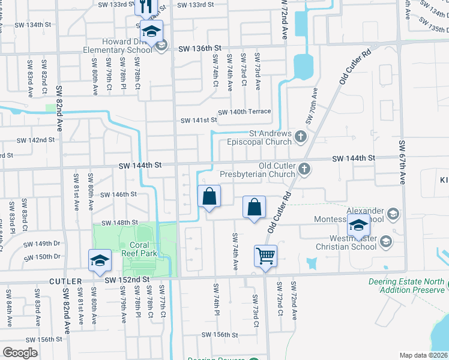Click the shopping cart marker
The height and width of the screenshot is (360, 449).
tap(265, 255)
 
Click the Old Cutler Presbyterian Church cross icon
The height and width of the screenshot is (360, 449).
tap(306, 169)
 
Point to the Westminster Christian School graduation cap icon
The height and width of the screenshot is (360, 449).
tap(385, 241)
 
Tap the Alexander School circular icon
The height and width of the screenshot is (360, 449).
tap(393, 214)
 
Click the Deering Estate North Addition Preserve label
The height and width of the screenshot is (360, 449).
tap(412, 286)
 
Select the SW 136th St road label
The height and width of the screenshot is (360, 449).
tap(200, 48)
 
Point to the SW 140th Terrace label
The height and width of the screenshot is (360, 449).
tap(244, 112)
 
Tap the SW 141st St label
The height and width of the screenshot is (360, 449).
tap(200, 120)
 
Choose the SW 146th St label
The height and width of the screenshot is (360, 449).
tap(119, 194)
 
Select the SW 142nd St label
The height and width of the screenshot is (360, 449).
tap(35, 140)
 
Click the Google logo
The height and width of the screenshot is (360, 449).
tap(20, 353)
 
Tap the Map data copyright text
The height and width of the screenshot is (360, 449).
tap(424, 355)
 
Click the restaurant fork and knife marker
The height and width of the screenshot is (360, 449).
tap(145, 7)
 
